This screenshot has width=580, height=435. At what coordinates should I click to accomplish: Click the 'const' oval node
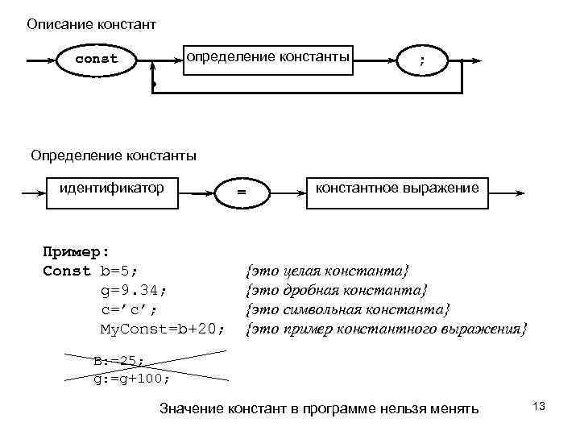coord(97,59)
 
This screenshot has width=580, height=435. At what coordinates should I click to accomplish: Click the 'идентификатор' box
coord(113,188)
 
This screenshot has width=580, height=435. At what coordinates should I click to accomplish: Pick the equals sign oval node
coord(240,193)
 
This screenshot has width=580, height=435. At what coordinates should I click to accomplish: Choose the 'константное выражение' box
coord(397,188)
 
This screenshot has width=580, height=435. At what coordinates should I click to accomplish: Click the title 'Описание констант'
coord(91,24)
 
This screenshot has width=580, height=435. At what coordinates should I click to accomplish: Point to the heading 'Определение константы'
coord(114,155)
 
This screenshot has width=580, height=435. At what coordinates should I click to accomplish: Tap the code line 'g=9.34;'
coord(134,290)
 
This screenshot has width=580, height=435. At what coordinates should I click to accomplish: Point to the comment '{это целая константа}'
coord(327,270)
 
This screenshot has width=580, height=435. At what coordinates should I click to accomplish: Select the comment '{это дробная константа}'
coord(337,289)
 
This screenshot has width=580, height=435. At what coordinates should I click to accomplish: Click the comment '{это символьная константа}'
coord(348,309)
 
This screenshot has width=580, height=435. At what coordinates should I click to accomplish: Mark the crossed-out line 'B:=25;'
coord(118,362)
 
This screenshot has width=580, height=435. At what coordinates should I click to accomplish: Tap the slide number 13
coord(539,407)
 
